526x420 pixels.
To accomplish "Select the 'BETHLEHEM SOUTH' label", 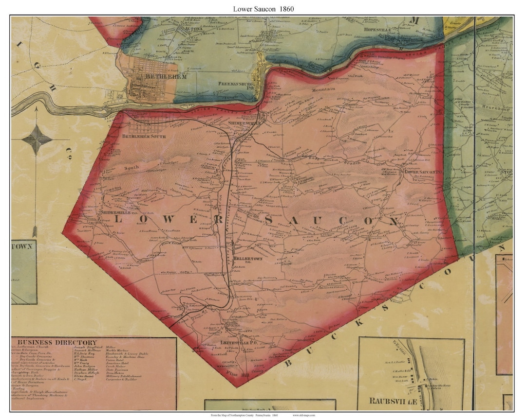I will click(144, 136).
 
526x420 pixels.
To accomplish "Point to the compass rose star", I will click(37, 140).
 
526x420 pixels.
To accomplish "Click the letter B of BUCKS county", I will click(289, 362).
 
